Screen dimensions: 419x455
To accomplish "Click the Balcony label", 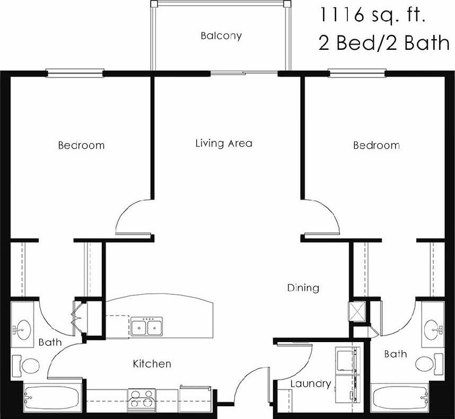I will (x=221, y=36).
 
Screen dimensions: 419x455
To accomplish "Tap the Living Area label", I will (x=224, y=143).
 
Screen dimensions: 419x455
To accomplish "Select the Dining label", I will (x=303, y=288).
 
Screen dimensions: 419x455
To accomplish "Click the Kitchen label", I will (x=152, y=364).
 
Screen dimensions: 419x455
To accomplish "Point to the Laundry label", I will (x=311, y=383).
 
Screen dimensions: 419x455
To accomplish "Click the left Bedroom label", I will (x=81, y=145).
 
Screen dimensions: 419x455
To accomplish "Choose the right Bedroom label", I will (x=377, y=145).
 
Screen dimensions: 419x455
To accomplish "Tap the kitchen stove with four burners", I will (x=142, y=398).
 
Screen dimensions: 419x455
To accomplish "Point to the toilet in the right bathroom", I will (x=427, y=364).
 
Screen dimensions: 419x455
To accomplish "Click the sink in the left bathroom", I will (x=22, y=329).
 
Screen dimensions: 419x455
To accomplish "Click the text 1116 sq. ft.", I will (x=371, y=15).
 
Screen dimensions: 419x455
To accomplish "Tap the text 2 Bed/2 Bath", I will (x=383, y=43).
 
